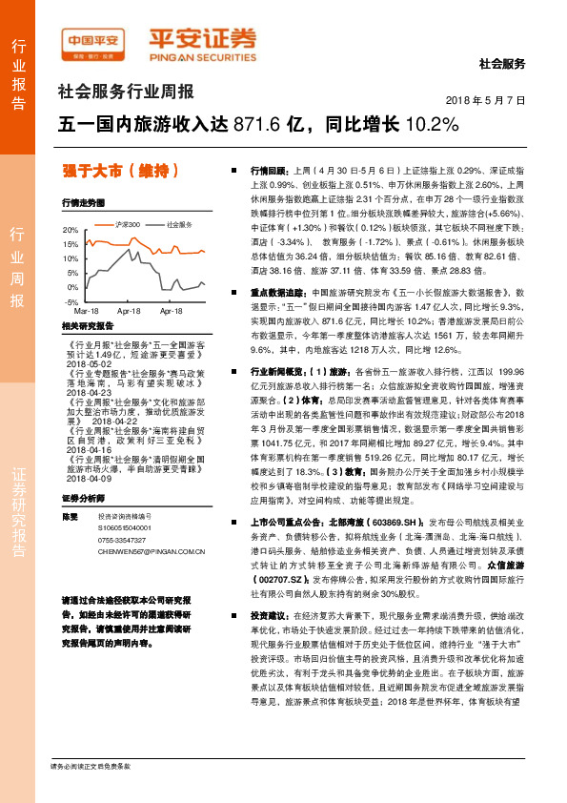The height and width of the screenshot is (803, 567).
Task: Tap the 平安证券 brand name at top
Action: tap(201, 41)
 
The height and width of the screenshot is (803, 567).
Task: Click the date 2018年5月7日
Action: tap(486, 100)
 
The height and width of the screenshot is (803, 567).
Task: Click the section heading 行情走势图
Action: tap(82, 203)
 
